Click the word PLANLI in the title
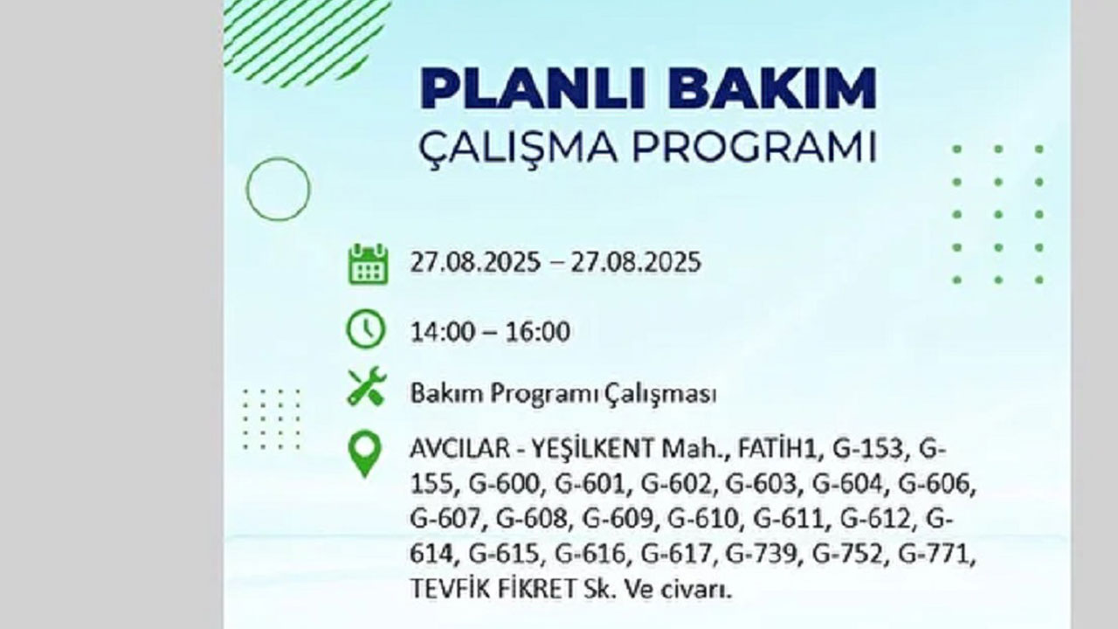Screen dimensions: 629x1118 528,89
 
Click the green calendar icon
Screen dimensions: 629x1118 368,264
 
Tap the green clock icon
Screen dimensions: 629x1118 365,330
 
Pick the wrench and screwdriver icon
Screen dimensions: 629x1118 367,386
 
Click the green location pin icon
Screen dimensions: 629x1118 364,454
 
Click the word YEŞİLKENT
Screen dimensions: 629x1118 590,450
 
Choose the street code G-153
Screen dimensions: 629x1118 870,450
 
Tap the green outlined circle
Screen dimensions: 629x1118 278,189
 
